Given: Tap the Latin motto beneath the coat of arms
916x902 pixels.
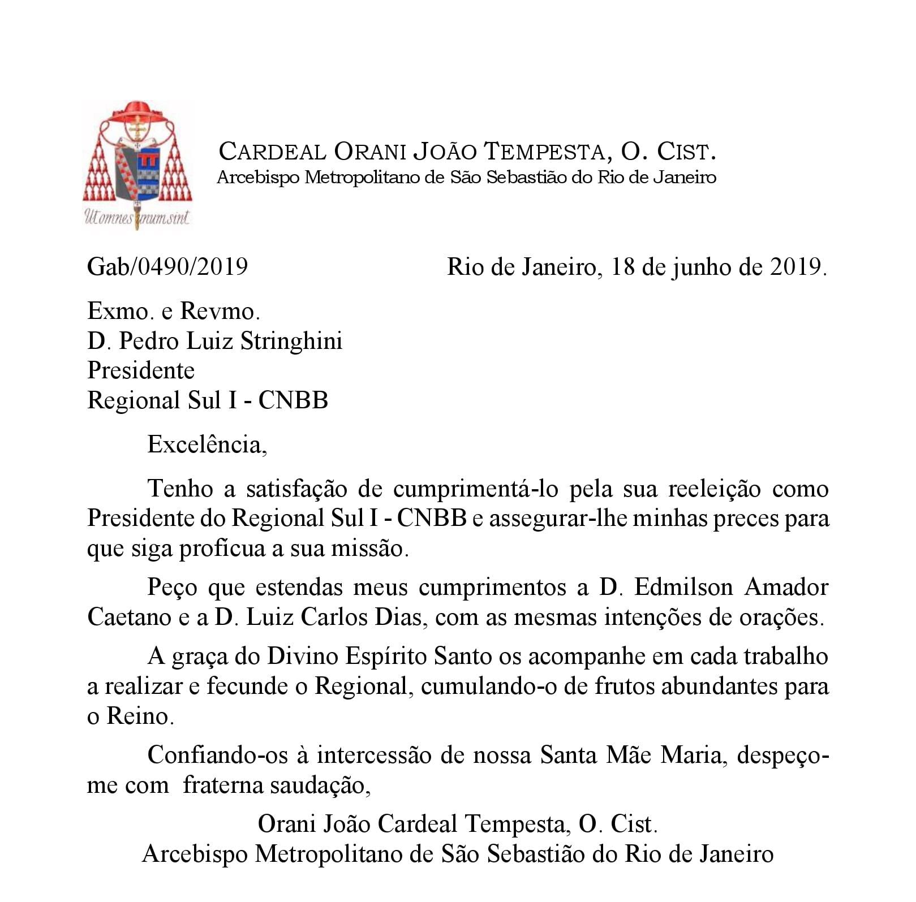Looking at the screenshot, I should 136,217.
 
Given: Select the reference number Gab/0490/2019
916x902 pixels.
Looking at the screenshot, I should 167,266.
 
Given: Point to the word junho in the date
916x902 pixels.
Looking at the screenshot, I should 702,266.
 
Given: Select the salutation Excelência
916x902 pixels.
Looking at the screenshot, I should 207,445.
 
